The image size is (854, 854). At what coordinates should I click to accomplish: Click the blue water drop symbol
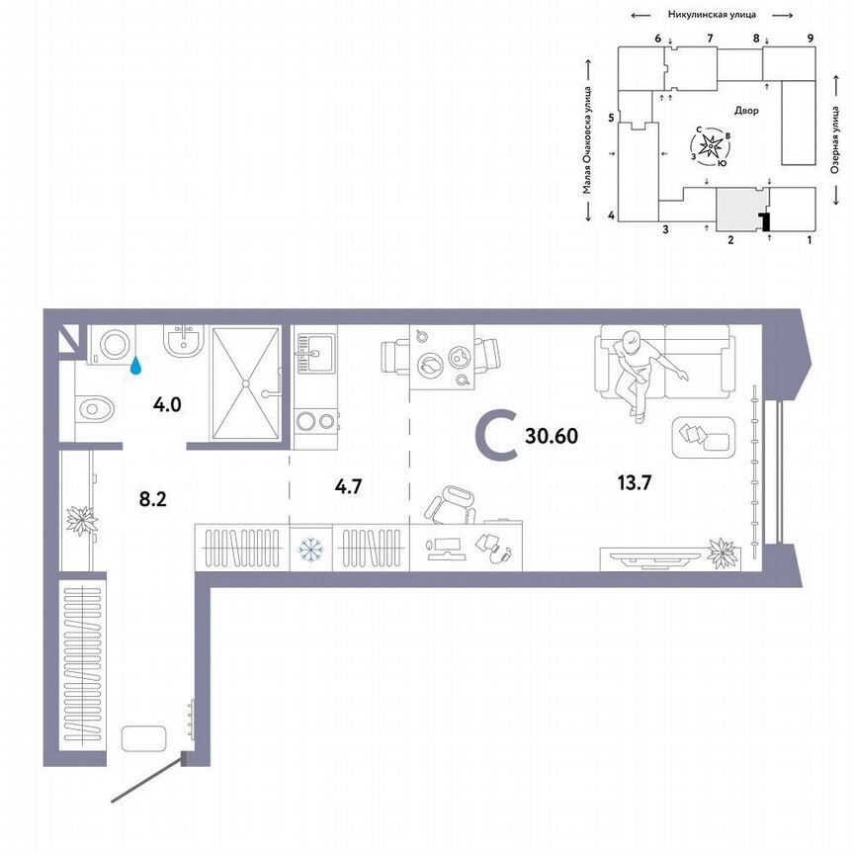pos(136,366)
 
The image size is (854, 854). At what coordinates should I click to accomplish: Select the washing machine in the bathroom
pos(111,345)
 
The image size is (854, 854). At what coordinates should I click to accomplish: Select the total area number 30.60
pos(552,434)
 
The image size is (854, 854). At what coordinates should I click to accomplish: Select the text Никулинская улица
pos(713,15)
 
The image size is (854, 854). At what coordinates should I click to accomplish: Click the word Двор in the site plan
pos(746,111)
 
